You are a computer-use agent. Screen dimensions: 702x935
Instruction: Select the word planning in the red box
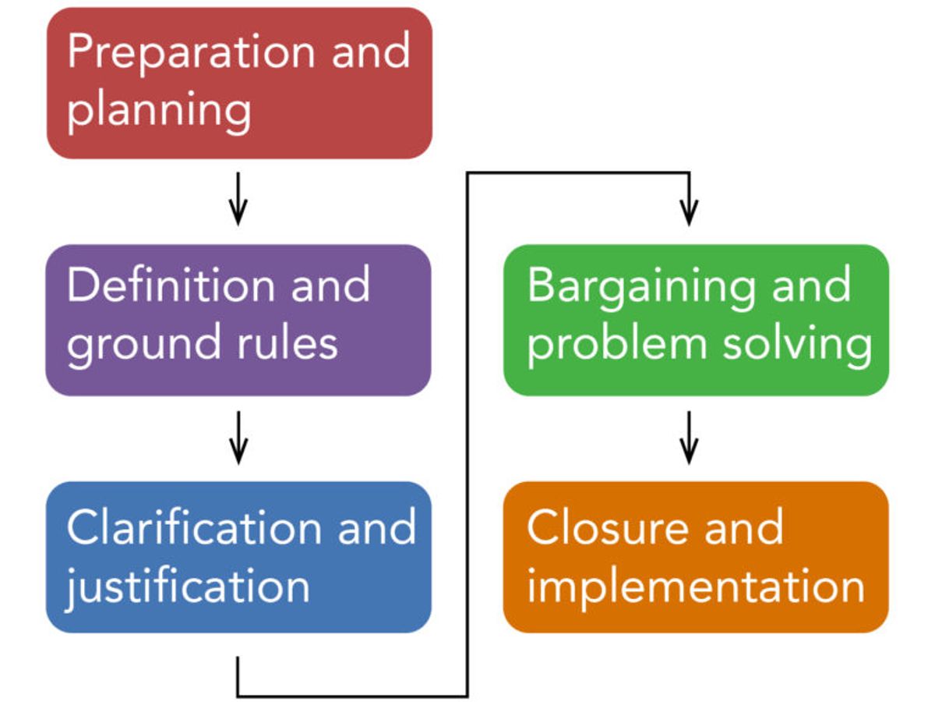point(159,109)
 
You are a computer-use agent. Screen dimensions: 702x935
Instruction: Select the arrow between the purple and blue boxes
point(238,438)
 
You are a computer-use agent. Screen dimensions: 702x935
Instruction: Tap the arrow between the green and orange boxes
point(687,438)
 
